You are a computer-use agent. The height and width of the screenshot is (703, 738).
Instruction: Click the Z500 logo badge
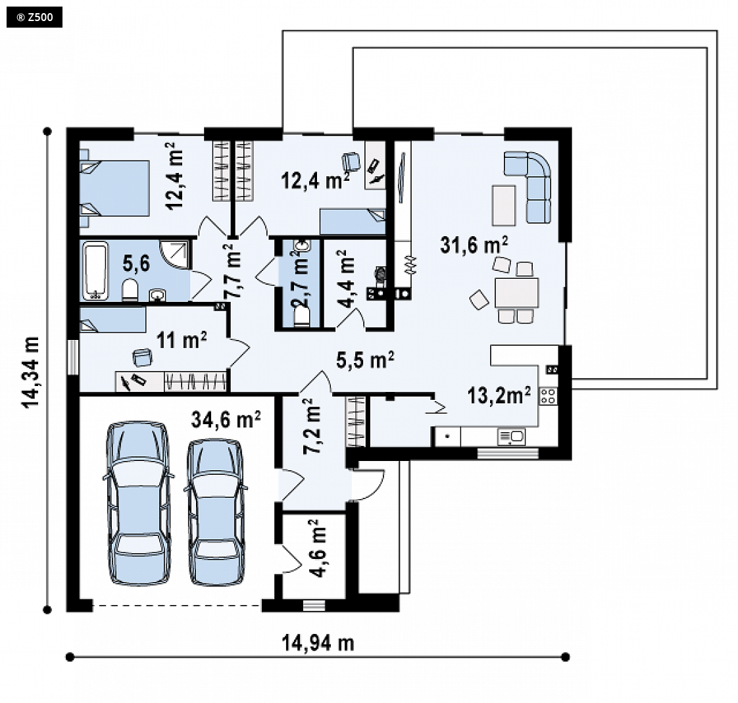pos(34,17)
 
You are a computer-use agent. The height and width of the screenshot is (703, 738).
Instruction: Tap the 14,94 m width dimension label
pos(318,642)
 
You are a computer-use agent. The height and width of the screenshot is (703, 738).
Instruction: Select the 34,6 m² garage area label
pos(226,419)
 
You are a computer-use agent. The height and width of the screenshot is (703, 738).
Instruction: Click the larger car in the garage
pos(138,503)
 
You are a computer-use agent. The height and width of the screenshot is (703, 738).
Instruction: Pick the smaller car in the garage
pos(216,512)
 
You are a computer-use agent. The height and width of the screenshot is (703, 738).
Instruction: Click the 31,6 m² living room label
pos(474,245)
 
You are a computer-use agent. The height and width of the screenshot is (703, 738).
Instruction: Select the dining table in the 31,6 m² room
pos(516,293)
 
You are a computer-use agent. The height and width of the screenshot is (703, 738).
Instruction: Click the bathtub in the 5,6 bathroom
pos(95,270)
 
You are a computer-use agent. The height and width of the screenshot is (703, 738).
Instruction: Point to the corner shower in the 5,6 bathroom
pos(175,255)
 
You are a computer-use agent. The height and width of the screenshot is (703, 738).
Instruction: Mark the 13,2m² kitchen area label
pos(499,396)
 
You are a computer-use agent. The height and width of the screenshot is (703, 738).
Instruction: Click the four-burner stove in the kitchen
pos(549,396)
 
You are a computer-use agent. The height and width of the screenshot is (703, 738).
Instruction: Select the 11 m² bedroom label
pos(181,340)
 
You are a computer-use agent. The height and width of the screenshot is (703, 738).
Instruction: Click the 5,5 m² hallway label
pos(365,360)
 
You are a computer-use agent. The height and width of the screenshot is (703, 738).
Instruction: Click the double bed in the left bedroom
pos(115,189)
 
